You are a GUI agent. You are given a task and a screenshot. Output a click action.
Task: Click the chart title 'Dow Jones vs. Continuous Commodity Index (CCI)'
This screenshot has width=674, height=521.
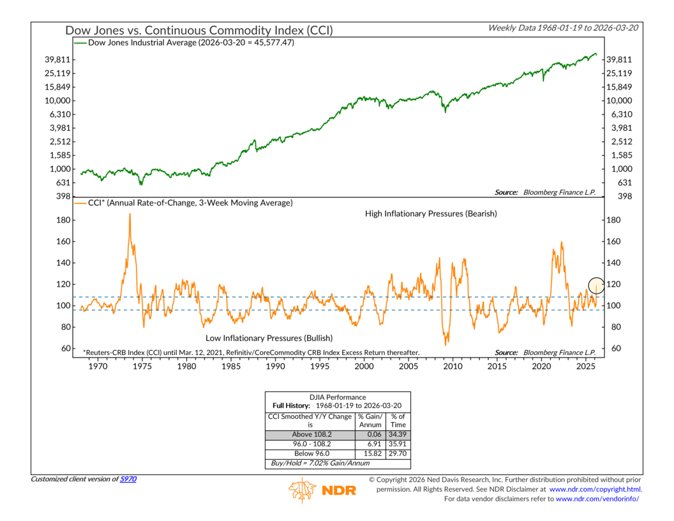pos(198,30)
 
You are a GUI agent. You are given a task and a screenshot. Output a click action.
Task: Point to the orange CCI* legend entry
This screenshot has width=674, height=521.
pos(184,202)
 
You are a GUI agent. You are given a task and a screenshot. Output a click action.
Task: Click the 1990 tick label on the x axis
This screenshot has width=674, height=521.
pos(275,367)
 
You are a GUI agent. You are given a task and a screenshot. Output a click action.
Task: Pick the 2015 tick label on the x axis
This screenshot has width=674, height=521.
pos(497,367)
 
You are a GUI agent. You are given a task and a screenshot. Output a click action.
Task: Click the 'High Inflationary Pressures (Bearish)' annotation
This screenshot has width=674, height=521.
pos(431,214)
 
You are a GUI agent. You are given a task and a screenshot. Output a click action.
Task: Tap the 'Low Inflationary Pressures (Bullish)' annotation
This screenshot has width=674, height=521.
pos(269,337)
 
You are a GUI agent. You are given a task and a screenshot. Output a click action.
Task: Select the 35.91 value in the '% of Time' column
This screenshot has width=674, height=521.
pos(398,443)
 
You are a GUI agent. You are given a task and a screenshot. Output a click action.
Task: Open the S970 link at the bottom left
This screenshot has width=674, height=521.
pos(130,479)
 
